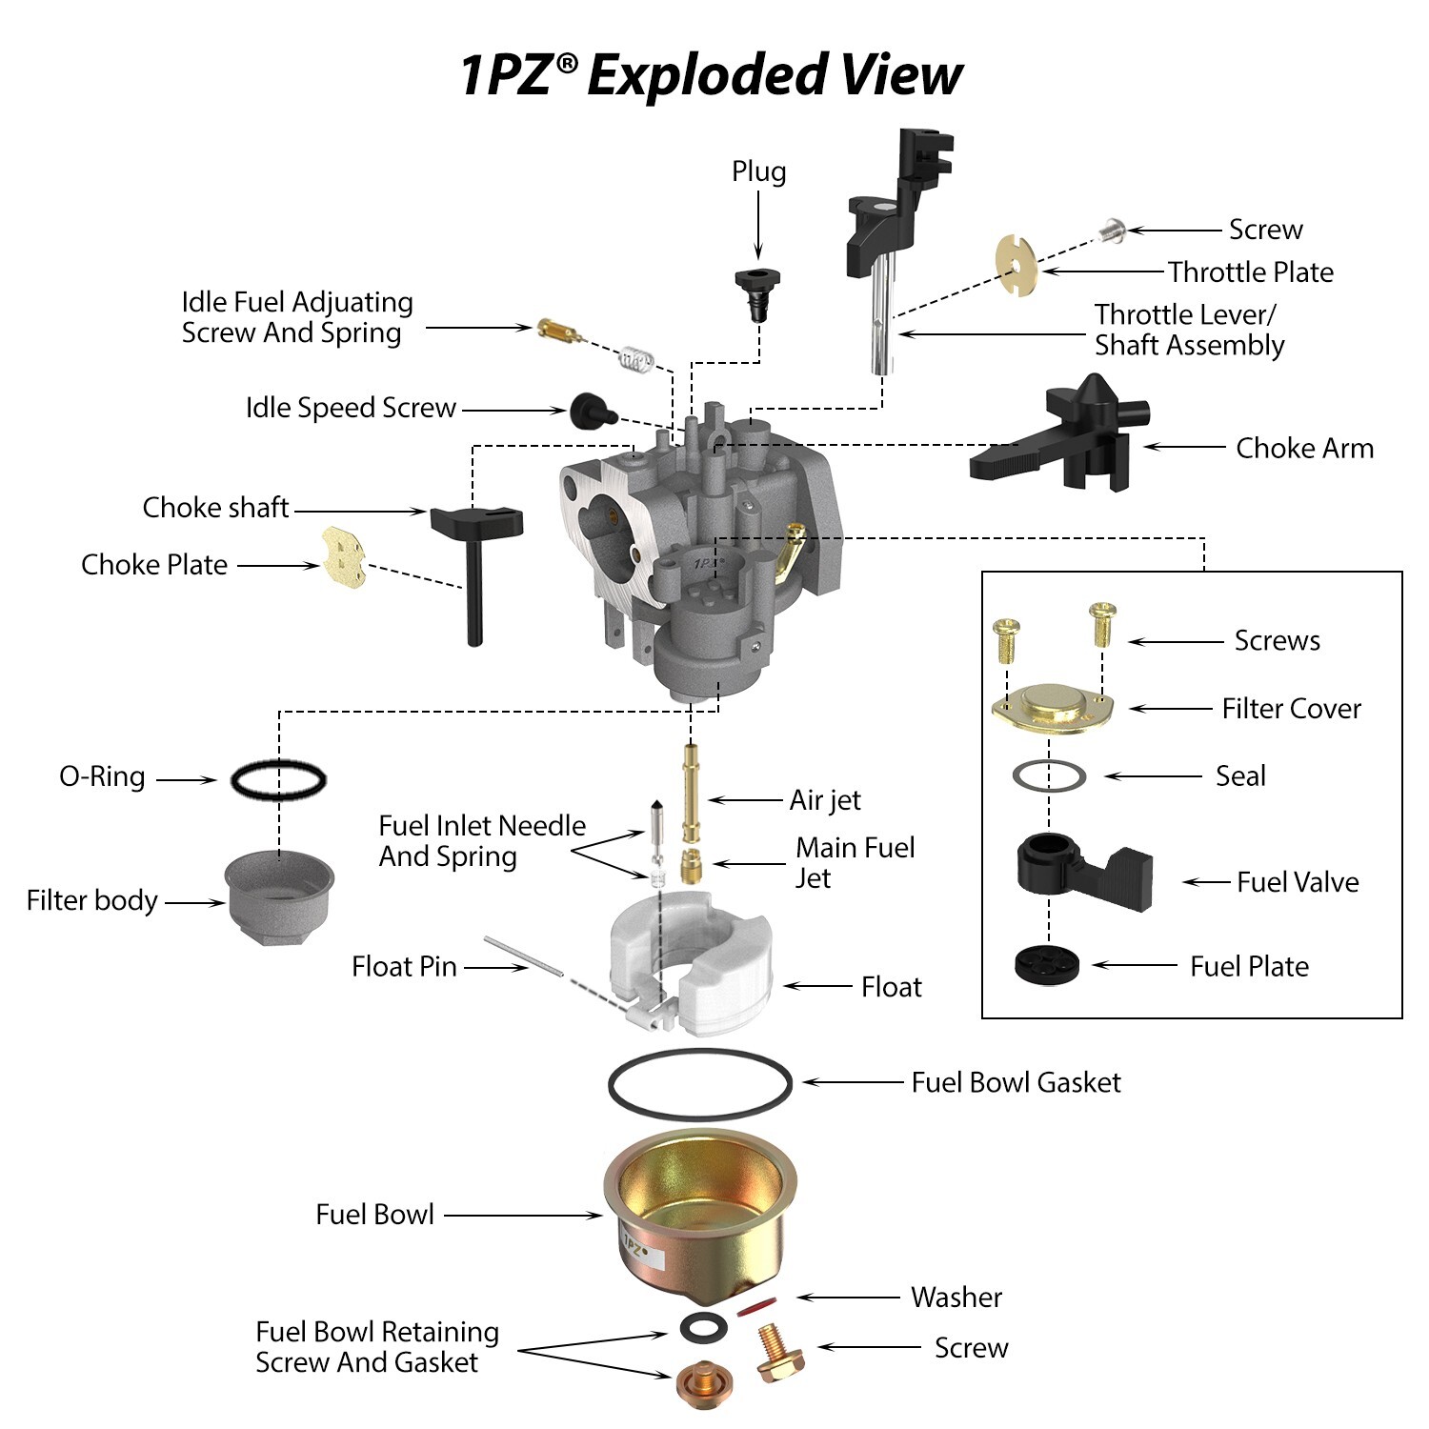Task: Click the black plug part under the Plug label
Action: (x=757, y=291)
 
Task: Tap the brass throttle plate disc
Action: (x=1017, y=265)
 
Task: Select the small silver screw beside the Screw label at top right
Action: (x=1112, y=230)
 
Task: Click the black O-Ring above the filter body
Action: (x=278, y=780)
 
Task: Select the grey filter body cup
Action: (x=280, y=896)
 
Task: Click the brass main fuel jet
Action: (x=692, y=866)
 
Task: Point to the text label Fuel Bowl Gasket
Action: (x=1016, y=1082)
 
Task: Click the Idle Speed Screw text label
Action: (x=351, y=408)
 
